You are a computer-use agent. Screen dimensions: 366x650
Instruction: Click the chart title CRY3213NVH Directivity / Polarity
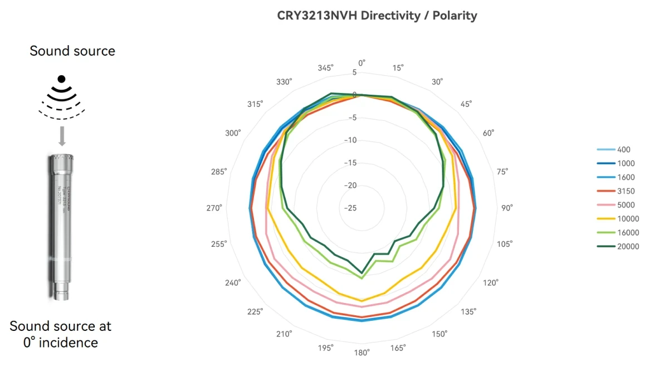(x=377, y=16)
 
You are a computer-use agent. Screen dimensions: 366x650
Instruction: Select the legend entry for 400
(x=624, y=150)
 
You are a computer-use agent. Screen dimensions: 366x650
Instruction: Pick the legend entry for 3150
(x=626, y=191)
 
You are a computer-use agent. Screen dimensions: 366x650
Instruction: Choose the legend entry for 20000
(x=628, y=246)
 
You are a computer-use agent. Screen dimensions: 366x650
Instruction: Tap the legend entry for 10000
(x=628, y=219)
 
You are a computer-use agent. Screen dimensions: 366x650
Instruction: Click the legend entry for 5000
(x=626, y=205)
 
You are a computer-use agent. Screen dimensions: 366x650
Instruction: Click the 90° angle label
(x=507, y=208)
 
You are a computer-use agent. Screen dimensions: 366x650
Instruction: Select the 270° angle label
(x=215, y=208)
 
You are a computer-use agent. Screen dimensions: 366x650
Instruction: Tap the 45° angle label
(x=466, y=104)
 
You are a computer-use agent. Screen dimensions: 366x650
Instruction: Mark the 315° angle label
(x=255, y=104)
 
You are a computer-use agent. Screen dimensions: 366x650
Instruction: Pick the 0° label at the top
(x=361, y=62)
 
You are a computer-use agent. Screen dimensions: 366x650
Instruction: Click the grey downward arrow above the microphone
(x=62, y=136)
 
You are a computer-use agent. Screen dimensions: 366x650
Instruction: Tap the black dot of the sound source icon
(x=62, y=79)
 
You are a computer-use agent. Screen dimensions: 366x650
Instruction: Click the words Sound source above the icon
(x=72, y=51)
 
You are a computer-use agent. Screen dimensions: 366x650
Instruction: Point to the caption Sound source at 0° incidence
(x=61, y=334)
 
